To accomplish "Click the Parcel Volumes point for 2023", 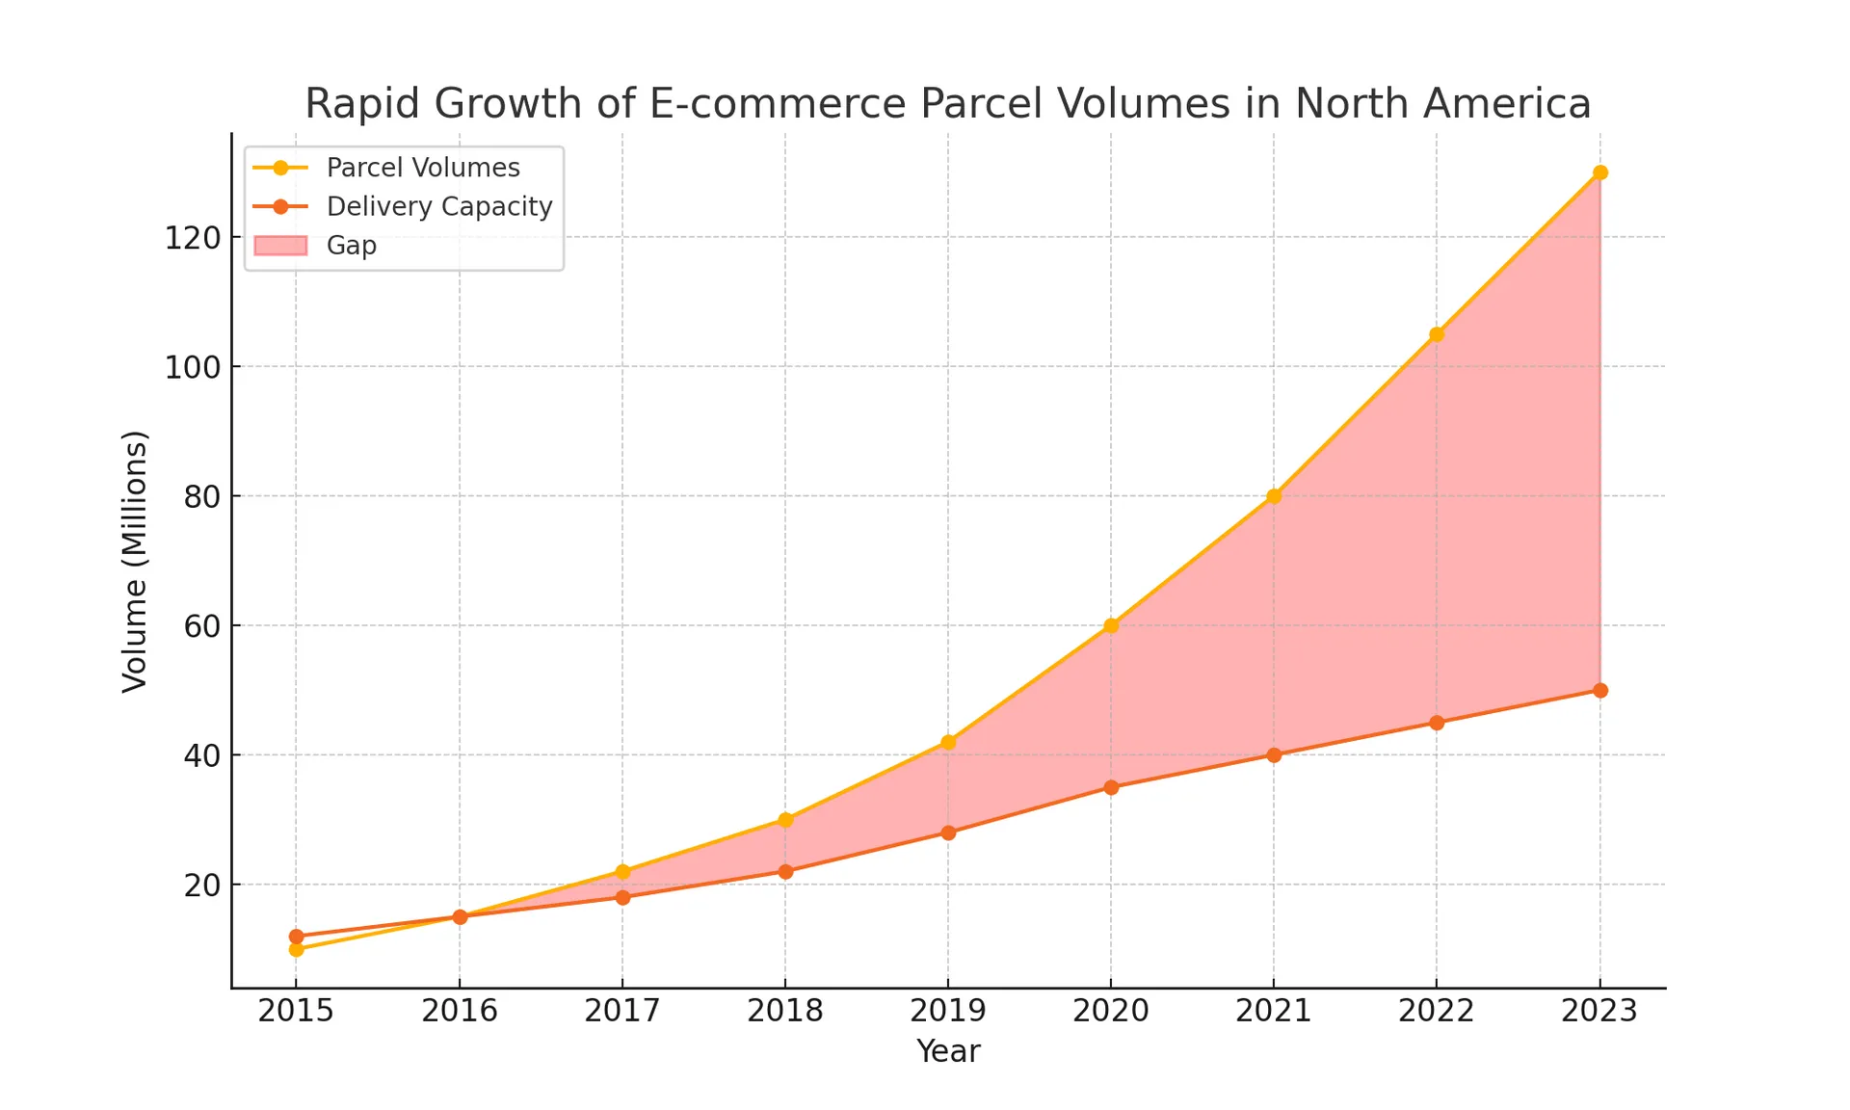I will coord(1599,172).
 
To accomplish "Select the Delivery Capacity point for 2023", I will coord(1599,690).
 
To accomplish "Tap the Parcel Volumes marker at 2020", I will coord(1111,625).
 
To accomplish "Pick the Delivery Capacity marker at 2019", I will coord(948,832).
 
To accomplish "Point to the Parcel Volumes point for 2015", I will coord(296,949).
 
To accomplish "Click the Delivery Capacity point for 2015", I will coord(296,936).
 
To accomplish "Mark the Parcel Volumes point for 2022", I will coord(1437,334).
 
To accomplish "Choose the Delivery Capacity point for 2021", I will coord(1274,754).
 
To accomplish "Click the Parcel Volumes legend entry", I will coord(422,168).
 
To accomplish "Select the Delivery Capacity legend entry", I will coord(438,206).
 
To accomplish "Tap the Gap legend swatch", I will coord(280,246).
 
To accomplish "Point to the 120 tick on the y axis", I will coord(193,237).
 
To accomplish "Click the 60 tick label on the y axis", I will coord(202,626).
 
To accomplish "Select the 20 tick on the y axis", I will coord(202,885).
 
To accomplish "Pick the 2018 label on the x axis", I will coord(785,1011).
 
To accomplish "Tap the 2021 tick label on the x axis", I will coord(1274,1011).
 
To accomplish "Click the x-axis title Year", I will coord(948,1051).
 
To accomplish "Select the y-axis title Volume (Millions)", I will coord(135,561).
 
